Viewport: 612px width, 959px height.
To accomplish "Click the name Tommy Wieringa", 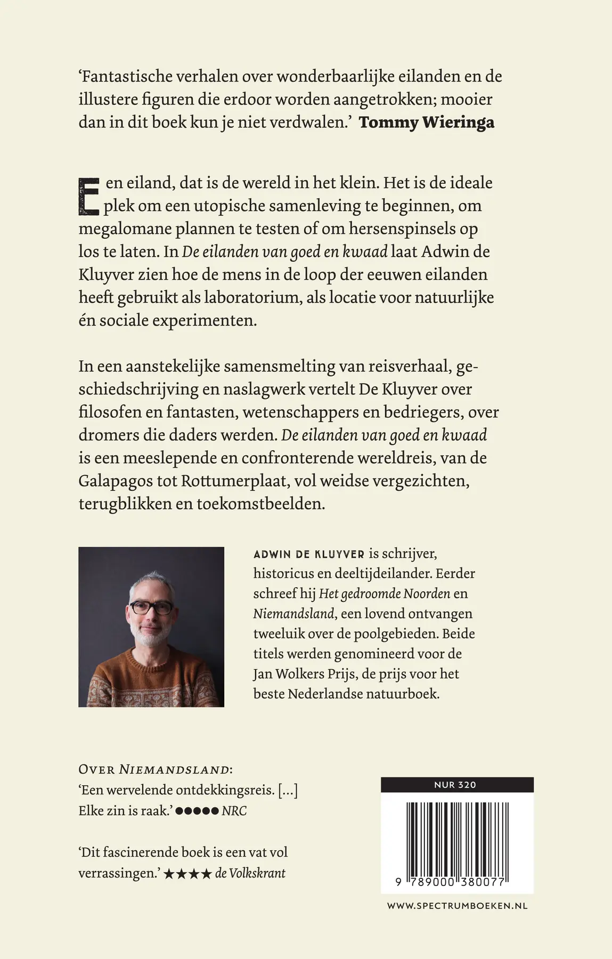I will [x=426, y=123].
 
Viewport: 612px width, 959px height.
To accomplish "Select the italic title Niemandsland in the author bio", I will [x=293, y=614].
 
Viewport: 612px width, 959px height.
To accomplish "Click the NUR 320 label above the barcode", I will [x=456, y=784].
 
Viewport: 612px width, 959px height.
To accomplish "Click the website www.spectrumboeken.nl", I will [x=456, y=906].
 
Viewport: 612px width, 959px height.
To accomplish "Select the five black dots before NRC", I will [x=197, y=811].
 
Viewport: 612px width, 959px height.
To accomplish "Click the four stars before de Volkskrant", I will [x=187, y=874].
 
